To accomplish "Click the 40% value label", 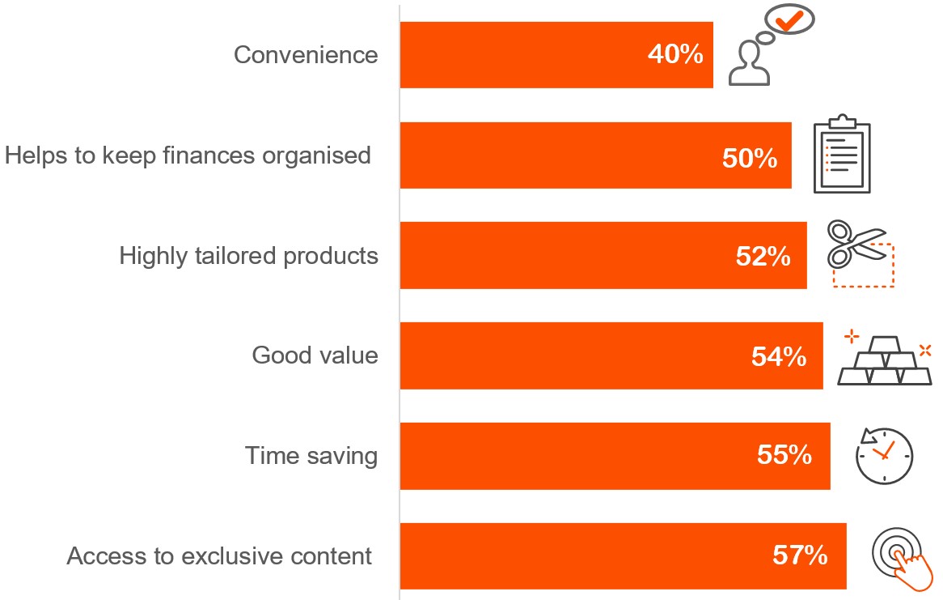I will (674, 55).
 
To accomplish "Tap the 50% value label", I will (750, 157).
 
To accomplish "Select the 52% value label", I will (763, 257).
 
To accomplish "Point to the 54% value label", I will (779, 357).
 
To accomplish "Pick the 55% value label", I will (784, 456).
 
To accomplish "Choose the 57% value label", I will (800, 556).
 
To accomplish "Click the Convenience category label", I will (306, 55).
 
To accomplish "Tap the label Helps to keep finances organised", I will (188, 155).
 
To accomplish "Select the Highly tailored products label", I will (248, 256).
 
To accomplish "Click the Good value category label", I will (315, 355).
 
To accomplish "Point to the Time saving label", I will (311, 456).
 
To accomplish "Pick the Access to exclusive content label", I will (219, 557).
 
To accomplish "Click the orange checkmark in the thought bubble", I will (790, 18).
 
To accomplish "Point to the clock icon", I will (884, 454).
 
